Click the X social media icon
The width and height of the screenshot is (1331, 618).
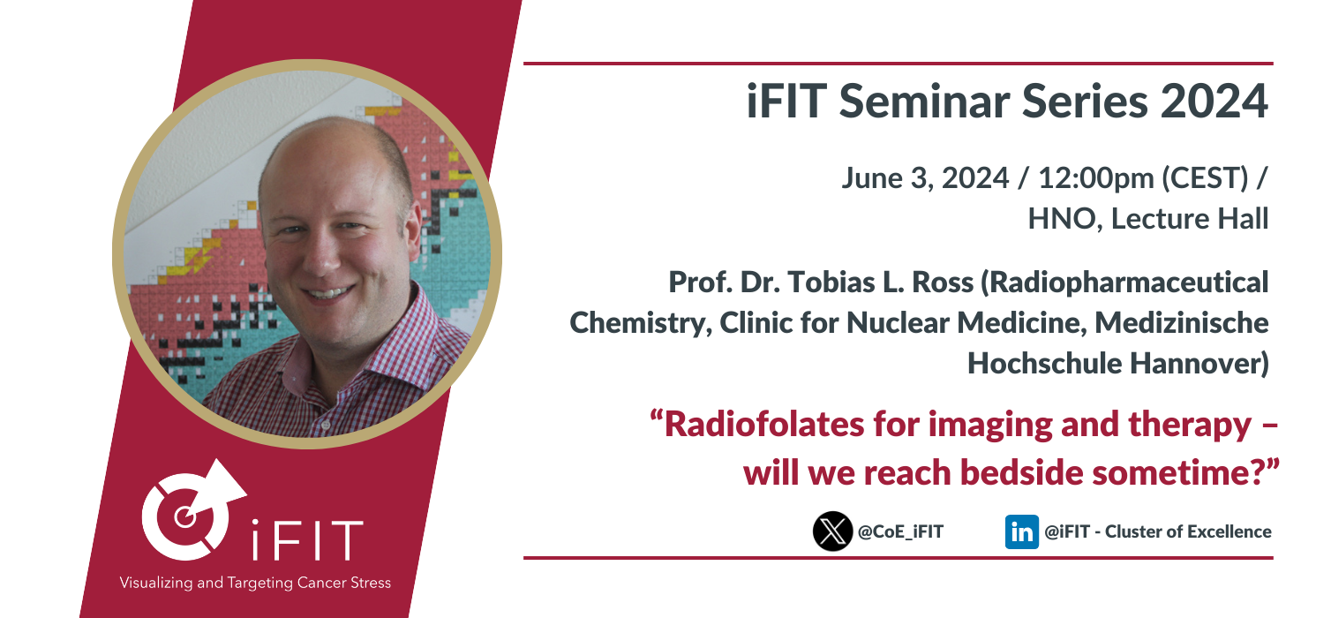tap(832, 531)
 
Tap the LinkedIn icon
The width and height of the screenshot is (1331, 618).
tap(1022, 531)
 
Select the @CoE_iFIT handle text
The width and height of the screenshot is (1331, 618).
tap(901, 531)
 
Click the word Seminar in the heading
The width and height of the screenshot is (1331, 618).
tap(924, 101)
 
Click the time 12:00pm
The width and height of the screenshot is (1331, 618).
tap(1095, 178)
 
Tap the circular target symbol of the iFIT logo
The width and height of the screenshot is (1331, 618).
tap(186, 516)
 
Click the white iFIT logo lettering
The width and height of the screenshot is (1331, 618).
tap(307, 539)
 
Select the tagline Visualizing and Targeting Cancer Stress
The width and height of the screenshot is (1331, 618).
tap(255, 583)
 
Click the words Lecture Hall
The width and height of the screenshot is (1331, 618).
tap(1190, 219)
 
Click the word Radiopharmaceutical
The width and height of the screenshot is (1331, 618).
tap(1124, 283)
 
